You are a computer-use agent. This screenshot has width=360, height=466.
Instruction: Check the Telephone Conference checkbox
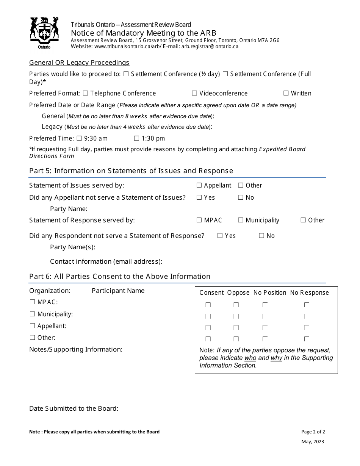(x=85, y=93)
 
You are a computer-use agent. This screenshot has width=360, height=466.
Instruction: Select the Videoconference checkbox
(x=194, y=93)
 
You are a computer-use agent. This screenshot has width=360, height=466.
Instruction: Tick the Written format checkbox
(x=286, y=93)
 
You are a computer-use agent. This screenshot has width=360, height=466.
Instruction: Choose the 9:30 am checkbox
(x=79, y=138)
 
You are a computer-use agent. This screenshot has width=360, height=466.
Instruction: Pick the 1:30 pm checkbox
(x=136, y=138)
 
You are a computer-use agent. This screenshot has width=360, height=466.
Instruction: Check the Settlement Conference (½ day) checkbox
(x=126, y=74)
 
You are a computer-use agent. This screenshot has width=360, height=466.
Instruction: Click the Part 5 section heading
(x=131, y=171)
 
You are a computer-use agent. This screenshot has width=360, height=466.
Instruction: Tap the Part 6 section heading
(x=119, y=277)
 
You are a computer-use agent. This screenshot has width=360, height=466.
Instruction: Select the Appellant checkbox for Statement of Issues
(x=199, y=185)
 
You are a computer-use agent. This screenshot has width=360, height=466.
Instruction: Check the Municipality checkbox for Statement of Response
(x=241, y=220)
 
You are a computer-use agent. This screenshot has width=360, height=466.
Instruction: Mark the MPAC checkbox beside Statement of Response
(x=199, y=220)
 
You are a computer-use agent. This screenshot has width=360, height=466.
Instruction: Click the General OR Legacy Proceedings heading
(x=79, y=63)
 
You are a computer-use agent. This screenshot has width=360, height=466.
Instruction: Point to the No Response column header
(x=309, y=292)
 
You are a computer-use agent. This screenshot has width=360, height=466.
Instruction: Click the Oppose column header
(x=238, y=292)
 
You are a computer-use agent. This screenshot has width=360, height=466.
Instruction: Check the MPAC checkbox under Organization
(x=32, y=302)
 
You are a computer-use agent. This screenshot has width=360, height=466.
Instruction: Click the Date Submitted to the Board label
(x=74, y=408)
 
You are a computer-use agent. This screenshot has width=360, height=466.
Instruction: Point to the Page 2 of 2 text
(x=313, y=432)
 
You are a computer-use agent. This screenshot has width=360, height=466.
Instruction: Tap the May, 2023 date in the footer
(x=313, y=441)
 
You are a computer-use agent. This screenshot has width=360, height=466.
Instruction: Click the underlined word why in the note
(x=276, y=358)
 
